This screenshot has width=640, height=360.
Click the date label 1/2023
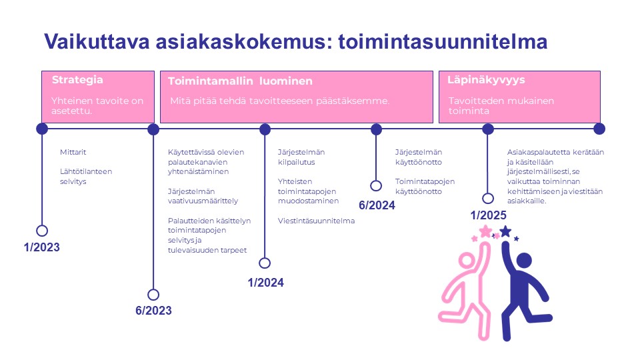41,247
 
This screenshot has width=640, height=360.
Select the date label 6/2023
153,311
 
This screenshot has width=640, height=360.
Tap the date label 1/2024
266,283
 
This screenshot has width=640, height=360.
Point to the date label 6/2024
377,205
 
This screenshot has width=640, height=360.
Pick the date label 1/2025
488,215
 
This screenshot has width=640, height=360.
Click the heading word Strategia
77,79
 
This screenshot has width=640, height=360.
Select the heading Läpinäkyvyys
486,80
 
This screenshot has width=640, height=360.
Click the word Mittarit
73,152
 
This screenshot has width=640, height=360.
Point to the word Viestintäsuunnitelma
316,221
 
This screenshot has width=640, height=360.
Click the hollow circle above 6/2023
153,295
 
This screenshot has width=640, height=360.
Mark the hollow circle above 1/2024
265,263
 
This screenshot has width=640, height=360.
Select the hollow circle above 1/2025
488,199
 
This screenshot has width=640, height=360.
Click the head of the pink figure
467,261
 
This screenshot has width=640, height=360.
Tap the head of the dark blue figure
524,261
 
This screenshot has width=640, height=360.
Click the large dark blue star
506,231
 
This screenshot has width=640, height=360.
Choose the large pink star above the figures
486,231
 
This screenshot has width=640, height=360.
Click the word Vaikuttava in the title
97,41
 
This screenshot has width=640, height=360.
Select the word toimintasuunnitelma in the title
443,41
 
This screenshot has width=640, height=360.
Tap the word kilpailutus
296,162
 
